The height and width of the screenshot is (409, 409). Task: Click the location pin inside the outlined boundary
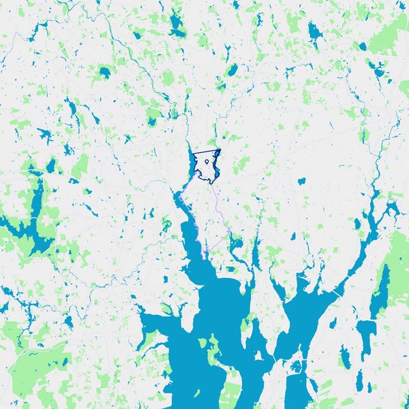[x=205, y=163]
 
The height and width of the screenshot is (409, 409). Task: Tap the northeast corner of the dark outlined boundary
[x=221, y=150]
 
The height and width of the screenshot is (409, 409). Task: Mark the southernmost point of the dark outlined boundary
[x=212, y=183]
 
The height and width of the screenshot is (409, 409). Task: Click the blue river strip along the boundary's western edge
[x=191, y=164]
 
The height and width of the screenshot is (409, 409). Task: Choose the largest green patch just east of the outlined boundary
[x=242, y=164]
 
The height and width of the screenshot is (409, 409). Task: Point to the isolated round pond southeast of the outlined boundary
[x=301, y=181]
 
